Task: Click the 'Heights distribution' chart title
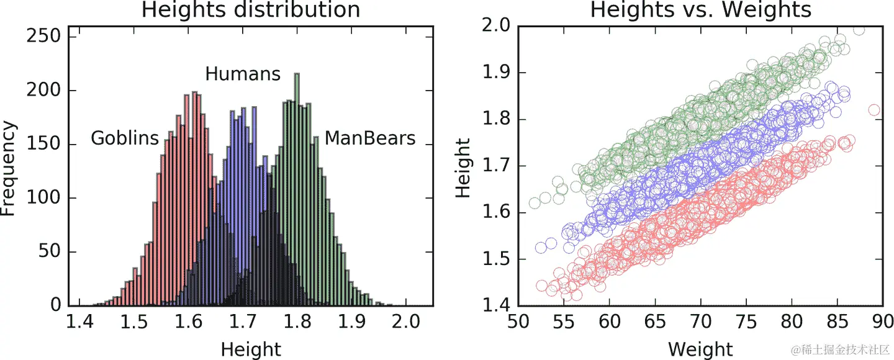pos(250,10)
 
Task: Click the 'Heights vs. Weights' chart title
pos(700,10)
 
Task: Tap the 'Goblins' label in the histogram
pos(125,138)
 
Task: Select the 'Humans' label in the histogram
pos(243,74)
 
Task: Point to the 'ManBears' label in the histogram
pos(370,138)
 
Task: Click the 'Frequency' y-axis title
pos(9,168)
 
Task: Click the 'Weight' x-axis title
pos(700,349)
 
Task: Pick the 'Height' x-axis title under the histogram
pos(251,349)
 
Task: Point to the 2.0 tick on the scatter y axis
pos(495,26)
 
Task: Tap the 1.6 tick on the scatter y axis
pos(495,213)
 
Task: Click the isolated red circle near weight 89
pos(874,110)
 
